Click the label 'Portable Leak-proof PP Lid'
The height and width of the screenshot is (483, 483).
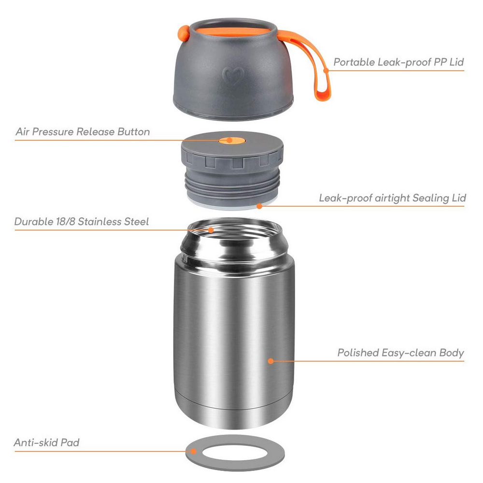tap(398, 62)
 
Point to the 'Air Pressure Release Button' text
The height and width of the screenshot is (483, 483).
tap(83, 132)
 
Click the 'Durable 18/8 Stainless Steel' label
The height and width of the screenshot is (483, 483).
tap(82, 222)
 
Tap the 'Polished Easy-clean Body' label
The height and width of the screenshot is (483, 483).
tap(400, 353)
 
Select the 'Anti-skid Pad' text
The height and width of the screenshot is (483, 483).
tap(46, 442)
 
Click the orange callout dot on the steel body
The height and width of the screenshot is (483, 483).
tap(270, 360)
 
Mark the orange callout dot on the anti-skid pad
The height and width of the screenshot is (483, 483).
tap(193, 452)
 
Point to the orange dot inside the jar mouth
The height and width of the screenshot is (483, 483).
tap(211, 230)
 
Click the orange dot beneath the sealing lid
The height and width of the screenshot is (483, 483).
tap(259, 206)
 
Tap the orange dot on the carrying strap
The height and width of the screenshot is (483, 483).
tap(327, 71)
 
